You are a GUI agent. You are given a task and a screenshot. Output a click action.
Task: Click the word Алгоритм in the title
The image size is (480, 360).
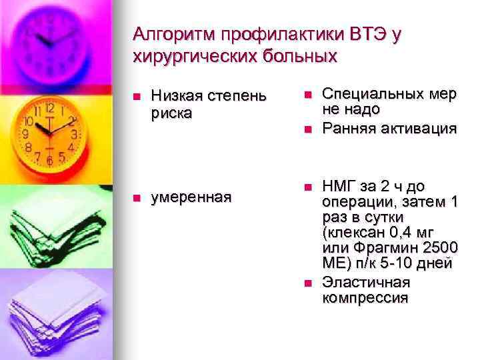click(175, 34)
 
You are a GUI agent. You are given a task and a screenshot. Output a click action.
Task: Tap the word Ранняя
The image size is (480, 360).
click(348, 127)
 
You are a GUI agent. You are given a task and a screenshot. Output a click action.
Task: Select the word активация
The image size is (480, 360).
click(419, 127)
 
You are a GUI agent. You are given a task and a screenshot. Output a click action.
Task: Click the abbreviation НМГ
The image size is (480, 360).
click(339, 185)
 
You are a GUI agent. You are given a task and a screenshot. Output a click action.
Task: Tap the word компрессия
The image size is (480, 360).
click(364, 297)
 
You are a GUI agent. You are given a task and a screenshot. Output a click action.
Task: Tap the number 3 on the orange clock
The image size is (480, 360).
click(74, 133)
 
